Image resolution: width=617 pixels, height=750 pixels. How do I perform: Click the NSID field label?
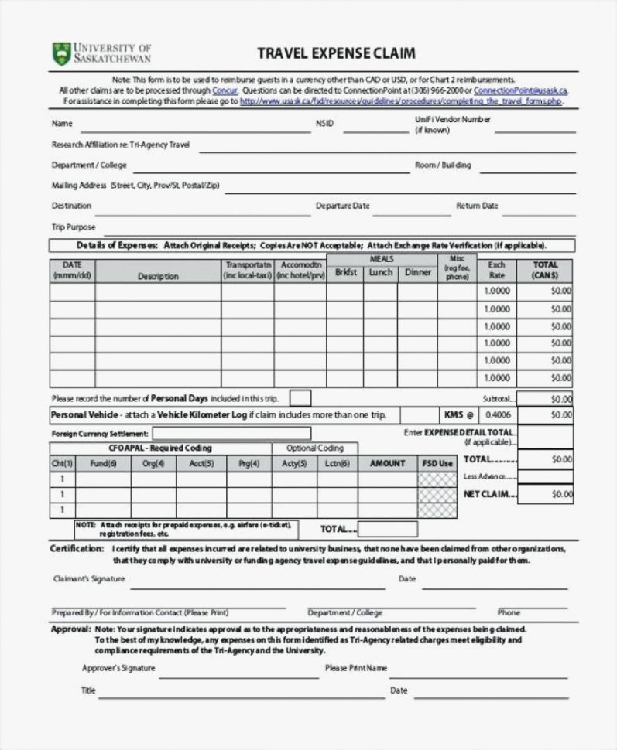[324, 124]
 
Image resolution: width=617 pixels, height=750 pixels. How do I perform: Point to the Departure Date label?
[342, 206]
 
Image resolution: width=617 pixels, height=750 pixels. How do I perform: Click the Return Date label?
[477, 206]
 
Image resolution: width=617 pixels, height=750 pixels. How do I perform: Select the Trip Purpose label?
[74, 227]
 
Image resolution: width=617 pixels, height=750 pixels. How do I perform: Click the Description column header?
[158, 276]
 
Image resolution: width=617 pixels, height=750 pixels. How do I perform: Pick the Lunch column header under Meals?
[380, 273]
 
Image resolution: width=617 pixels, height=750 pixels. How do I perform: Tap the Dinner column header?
[418, 273]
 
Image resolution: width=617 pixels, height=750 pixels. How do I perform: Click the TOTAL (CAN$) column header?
[545, 270]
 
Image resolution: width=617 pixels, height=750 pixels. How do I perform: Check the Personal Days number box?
[300, 398]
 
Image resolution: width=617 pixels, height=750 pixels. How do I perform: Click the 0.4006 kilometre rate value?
[496, 415]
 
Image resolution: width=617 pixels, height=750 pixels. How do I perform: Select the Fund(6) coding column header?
[103, 464]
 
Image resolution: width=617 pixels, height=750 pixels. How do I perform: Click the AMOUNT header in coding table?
[387, 464]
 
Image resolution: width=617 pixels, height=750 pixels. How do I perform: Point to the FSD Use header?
[438, 464]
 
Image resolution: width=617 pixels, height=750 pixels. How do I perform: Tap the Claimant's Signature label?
[88, 578]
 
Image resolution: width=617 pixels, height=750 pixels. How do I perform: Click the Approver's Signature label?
[118, 668]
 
